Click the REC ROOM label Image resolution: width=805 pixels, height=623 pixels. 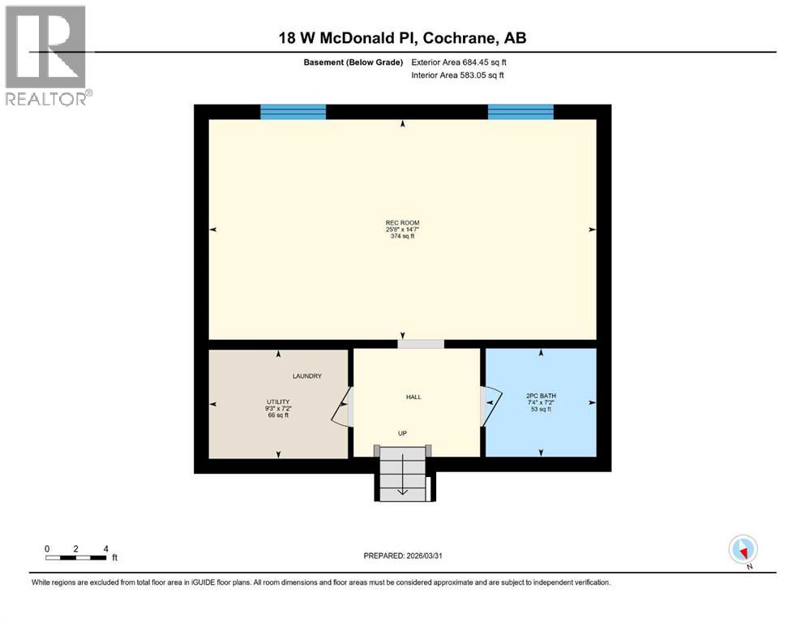tap(402, 223)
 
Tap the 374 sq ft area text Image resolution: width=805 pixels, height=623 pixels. tap(402, 236)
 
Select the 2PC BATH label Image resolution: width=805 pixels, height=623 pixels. tap(541, 396)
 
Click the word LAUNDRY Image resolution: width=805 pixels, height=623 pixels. tap(307, 376)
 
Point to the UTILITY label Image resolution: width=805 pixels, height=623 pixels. tap(278, 402)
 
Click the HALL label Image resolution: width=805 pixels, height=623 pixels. tap(413, 397)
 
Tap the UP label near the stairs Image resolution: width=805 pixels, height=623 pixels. tap(401, 433)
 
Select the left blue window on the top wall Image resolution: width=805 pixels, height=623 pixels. tap(293, 112)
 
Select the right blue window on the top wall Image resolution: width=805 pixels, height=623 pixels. tap(520, 112)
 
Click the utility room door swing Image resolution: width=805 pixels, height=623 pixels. tap(342, 406)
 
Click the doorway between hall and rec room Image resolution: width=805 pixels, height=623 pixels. tap(420, 344)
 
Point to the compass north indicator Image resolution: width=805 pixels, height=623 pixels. tap(743, 549)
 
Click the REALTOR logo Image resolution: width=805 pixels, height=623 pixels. tap(47, 55)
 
